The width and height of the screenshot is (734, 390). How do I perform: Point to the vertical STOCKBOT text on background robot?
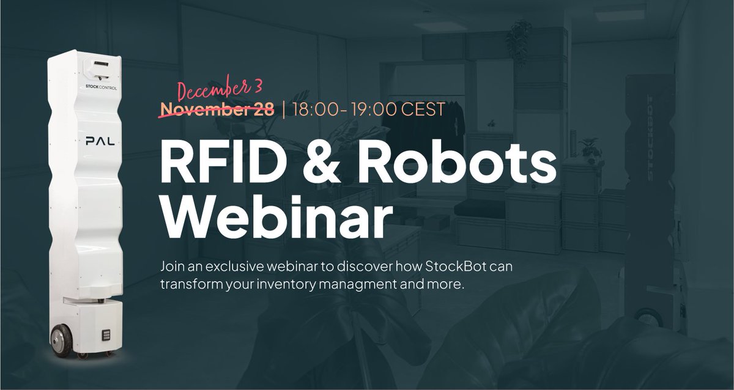coord(650,122)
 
